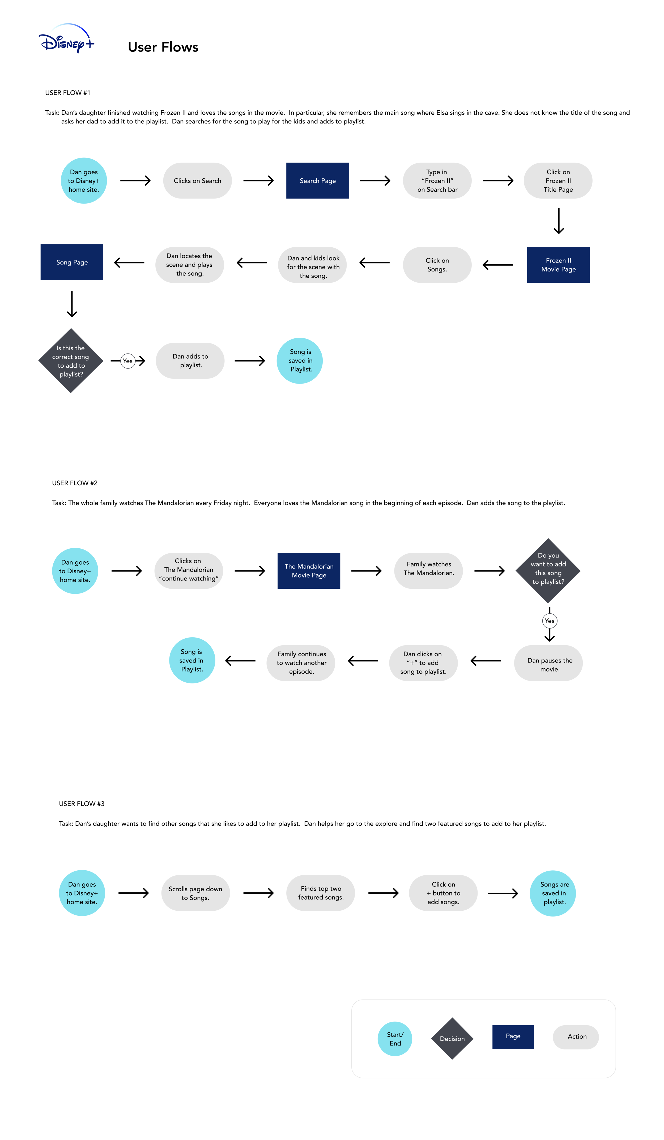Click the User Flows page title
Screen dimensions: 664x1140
163,47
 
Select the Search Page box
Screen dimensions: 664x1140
317,180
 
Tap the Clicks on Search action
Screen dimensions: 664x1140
197,180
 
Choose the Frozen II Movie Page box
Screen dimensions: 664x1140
558,265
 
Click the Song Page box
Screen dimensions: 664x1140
72,263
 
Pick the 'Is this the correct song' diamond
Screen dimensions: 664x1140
71,360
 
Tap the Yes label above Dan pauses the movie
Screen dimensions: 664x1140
550,621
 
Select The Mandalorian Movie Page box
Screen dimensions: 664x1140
309,571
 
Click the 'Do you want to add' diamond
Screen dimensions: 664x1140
548,570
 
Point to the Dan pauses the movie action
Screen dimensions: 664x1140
548,663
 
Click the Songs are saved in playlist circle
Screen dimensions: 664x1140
553,893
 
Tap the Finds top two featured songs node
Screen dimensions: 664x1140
321,893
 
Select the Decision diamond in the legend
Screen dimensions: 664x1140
452,1039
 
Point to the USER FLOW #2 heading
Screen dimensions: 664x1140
75,483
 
